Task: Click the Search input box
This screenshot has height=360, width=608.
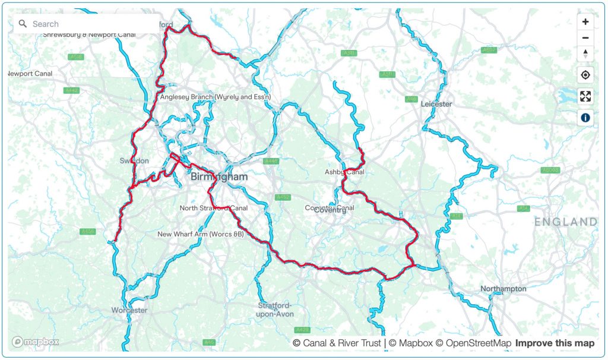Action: [x=89, y=24]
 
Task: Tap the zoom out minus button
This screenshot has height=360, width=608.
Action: [x=585, y=38]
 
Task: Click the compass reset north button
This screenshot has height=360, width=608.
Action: [x=585, y=53]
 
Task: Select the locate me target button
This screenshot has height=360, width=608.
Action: [x=585, y=75]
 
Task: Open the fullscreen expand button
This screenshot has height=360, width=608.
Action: [x=585, y=96]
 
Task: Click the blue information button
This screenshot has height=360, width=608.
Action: [x=585, y=118]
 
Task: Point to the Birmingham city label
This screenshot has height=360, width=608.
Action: [x=219, y=177]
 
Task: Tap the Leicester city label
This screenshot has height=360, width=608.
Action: [x=436, y=104]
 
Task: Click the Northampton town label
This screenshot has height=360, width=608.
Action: [x=503, y=289]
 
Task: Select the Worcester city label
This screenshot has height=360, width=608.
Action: [x=129, y=310]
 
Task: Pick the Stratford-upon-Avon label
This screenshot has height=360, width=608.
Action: [x=275, y=310]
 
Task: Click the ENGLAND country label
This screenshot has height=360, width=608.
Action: [x=565, y=222]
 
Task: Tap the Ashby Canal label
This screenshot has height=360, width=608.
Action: [x=344, y=172]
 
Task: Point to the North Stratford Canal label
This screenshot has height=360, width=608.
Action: [x=214, y=208]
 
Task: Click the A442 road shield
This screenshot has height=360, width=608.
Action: [x=71, y=90]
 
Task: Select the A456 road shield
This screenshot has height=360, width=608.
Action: [x=87, y=231]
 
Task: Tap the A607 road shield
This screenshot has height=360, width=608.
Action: [x=489, y=50]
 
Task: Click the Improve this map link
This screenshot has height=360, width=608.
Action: [x=555, y=343]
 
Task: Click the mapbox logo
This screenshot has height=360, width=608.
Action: [x=36, y=342]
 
